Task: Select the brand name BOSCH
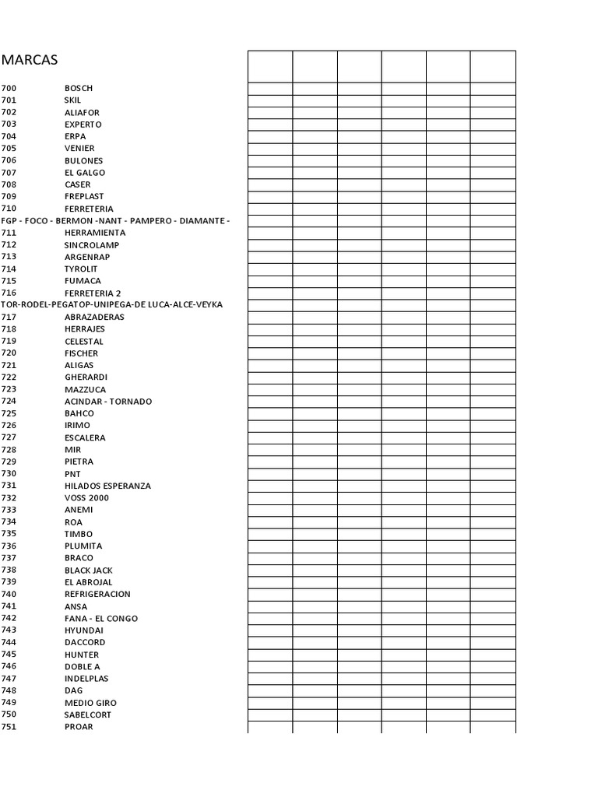tap(79, 88)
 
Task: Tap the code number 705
tap(9, 148)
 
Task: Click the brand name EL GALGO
tap(85, 172)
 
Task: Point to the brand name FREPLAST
tap(84, 196)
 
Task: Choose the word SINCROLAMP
tap(92, 244)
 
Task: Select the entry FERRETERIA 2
tap(93, 293)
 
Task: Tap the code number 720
tap(9, 353)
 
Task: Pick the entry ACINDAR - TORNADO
tap(108, 401)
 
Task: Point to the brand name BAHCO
tap(79, 413)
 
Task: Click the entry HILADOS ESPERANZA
tap(107, 486)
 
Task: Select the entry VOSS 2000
tap(86, 497)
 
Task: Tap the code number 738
tap(9, 570)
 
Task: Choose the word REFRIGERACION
tap(97, 594)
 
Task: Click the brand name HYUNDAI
tap(83, 630)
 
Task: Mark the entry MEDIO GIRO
tap(90, 702)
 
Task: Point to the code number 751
tap(9, 726)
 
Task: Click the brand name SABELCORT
tap(88, 714)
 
